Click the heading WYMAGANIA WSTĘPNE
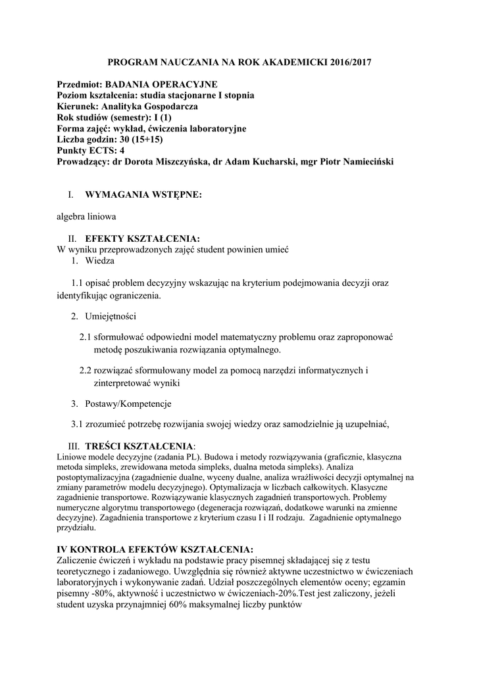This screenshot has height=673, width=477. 143,195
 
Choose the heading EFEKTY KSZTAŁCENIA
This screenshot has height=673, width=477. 142,238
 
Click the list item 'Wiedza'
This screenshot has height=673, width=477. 99,261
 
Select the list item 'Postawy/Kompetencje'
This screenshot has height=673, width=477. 128,403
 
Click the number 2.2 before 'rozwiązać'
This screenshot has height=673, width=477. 86,371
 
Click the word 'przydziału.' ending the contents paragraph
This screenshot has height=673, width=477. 77,527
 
